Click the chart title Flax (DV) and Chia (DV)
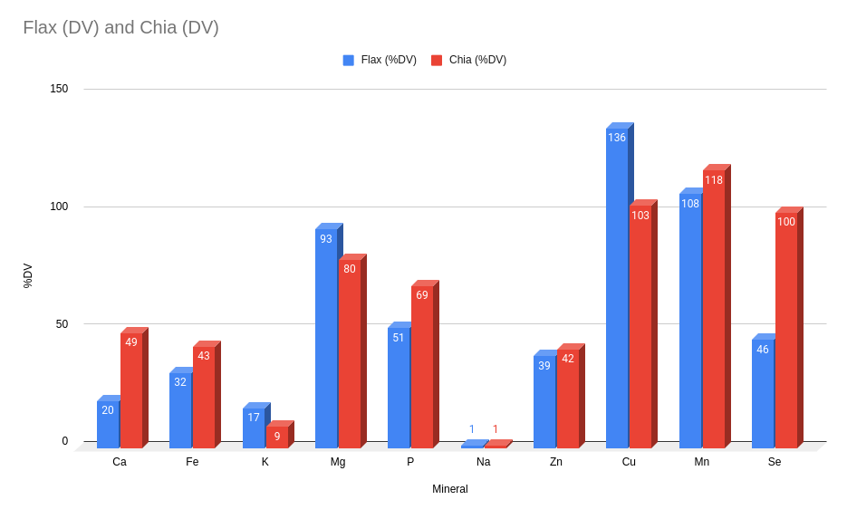click(120, 27)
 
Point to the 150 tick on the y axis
click(59, 89)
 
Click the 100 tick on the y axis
click(59, 207)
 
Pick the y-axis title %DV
click(27, 275)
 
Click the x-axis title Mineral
click(450, 489)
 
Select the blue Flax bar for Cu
click(617, 290)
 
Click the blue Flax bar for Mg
click(326, 340)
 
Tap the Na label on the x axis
click(484, 462)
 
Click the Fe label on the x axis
click(192, 462)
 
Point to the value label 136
click(617, 138)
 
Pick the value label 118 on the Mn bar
click(714, 180)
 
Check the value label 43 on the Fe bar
click(204, 356)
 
